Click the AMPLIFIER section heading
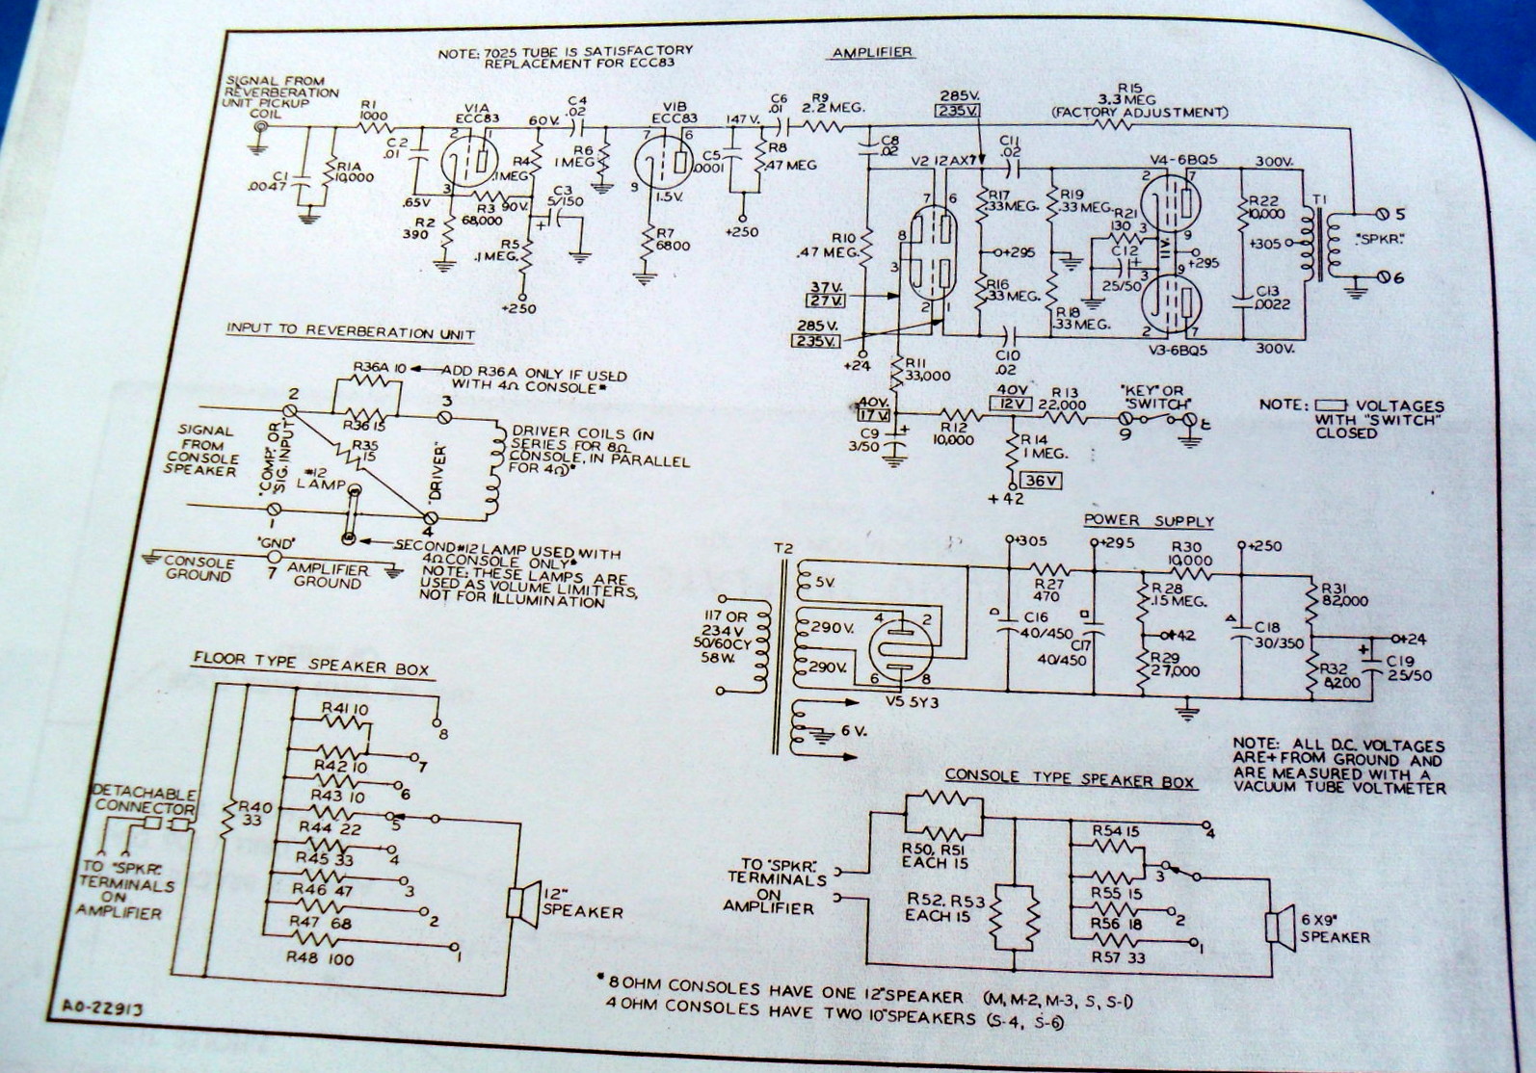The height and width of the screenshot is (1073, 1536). tap(872, 53)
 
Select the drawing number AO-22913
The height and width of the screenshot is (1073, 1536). tap(95, 1009)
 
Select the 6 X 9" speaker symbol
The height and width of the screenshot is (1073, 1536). tap(1280, 927)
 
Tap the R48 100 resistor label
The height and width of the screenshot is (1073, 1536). tap(322, 959)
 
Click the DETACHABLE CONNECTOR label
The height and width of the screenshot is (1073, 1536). tap(145, 798)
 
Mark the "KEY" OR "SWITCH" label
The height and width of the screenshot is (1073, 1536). tap(1156, 397)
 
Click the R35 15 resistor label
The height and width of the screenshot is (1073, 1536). tap(364, 453)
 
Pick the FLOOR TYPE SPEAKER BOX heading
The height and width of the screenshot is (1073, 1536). tap(310, 665)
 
